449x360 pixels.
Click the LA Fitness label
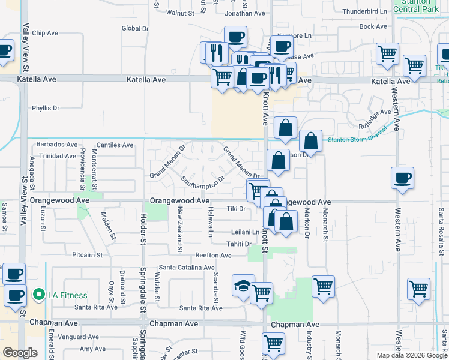68,295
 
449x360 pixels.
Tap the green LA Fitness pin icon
39,295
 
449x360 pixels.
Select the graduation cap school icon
243,286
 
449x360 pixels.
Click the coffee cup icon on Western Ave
402,178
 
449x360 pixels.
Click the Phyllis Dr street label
46,109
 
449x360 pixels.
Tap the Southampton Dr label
203,179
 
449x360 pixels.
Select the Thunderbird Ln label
364,11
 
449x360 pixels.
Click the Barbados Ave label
57,145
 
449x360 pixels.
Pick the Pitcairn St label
88,255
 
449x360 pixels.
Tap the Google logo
20,352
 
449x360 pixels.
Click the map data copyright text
412,355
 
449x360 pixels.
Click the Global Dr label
135,28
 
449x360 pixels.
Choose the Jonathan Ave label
245,13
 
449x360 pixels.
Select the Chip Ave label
46,33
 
